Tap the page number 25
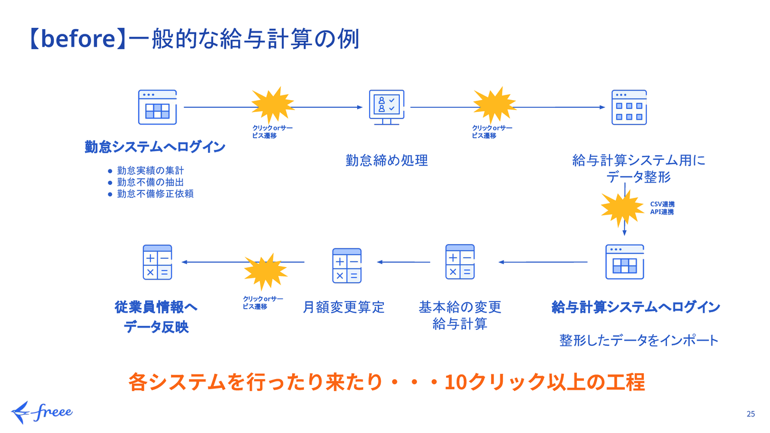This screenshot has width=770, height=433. click(750, 414)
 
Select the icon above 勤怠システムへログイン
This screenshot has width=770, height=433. click(157, 107)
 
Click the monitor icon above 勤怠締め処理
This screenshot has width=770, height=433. click(384, 107)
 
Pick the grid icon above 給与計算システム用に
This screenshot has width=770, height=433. click(629, 107)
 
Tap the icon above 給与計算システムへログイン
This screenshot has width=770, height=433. click(624, 261)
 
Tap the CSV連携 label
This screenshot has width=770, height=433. click(662, 204)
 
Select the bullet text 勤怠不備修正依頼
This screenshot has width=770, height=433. click(155, 194)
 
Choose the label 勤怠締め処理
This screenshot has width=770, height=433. click(386, 160)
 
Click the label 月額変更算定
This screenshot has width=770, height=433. click(344, 307)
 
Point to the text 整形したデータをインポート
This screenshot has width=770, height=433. click(639, 340)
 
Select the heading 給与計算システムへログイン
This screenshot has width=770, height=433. click(636, 307)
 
